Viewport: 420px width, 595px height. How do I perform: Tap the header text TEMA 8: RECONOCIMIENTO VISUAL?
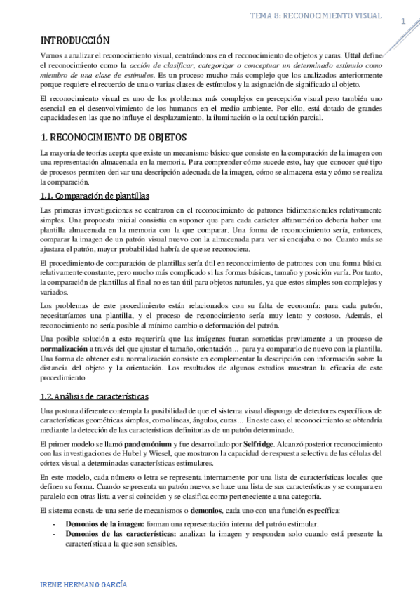316,15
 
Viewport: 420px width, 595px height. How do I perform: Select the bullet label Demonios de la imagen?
105,524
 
